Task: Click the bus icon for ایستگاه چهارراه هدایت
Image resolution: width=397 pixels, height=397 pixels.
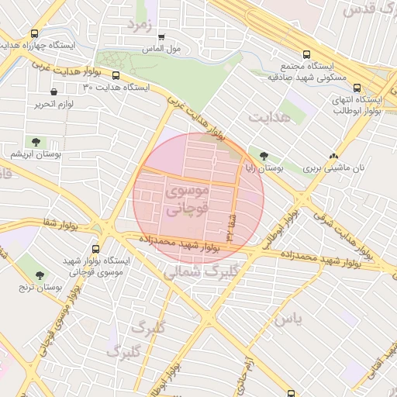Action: [34, 33]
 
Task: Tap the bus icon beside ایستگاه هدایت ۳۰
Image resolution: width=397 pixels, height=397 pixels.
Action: [116, 76]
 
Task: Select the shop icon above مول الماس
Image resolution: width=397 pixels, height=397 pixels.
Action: [161, 36]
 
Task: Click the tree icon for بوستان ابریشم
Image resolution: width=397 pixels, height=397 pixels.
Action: [36, 142]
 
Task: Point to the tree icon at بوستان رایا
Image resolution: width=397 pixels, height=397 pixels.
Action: [264, 156]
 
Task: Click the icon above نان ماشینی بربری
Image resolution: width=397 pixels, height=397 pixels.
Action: [334, 155]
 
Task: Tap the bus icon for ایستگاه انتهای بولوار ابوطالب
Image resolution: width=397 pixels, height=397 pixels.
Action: [357, 88]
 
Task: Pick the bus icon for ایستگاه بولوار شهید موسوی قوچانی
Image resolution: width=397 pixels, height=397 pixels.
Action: [95, 250]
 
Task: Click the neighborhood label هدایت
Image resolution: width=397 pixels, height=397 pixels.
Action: [269, 116]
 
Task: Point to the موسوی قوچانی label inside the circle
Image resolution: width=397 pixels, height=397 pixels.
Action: [187, 198]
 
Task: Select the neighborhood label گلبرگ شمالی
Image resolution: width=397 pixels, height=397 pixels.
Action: [198, 272]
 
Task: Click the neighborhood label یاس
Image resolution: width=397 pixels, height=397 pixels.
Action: [286, 319]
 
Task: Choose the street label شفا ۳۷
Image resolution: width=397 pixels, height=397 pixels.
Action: [230, 225]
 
